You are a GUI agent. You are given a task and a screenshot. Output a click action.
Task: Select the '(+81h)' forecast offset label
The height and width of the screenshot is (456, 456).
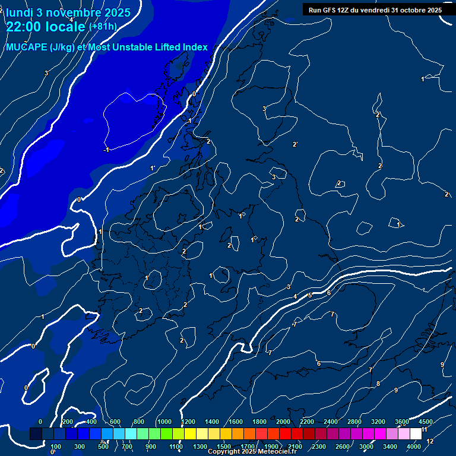pyautogui.click(x=103, y=27)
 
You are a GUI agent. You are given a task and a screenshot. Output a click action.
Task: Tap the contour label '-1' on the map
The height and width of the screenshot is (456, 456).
pyautogui.click(x=106, y=150)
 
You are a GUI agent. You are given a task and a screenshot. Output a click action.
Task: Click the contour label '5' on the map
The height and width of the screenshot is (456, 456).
pyautogui.click(x=310, y=295)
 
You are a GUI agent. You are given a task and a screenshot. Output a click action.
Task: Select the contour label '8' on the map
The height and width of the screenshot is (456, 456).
pyautogui.click(x=378, y=384)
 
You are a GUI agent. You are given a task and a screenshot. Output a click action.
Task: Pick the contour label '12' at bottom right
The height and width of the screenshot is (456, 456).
pyautogui.click(x=430, y=441)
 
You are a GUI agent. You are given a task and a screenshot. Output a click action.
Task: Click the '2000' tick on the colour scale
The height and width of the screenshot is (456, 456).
pyautogui.click(x=283, y=422)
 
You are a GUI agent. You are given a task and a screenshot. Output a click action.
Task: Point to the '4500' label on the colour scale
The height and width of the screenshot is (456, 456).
pyautogui.click(x=425, y=422)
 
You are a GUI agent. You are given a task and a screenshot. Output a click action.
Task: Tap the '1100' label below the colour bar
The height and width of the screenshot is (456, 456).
pyautogui.click(x=176, y=446)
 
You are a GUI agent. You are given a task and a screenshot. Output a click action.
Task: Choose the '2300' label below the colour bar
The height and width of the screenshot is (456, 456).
pyautogui.click(x=319, y=446)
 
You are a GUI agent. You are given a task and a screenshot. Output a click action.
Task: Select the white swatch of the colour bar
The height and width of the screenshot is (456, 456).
pyautogui.click(x=416, y=434)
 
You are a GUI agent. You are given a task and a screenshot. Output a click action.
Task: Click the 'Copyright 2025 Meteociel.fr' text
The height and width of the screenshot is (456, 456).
pyautogui.click(x=251, y=452)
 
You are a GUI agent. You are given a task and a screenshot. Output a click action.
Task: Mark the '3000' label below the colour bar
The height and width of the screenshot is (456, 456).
pyautogui.click(x=366, y=446)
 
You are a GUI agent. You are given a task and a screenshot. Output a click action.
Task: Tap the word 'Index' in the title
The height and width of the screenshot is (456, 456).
pyautogui.click(x=195, y=47)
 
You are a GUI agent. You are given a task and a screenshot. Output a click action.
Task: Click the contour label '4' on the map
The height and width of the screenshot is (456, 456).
pyautogui.click(x=295, y=296)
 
